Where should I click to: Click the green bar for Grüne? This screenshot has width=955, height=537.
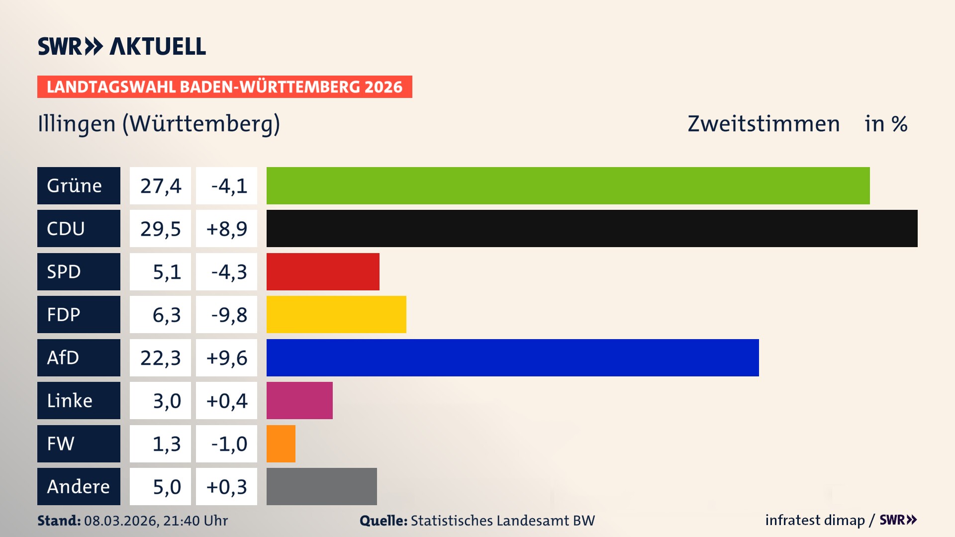[x=568, y=185]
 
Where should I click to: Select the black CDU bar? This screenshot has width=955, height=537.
[x=592, y=228]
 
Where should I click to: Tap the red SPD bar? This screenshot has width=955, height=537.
[x=323, y=271]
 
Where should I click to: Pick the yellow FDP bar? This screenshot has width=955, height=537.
[x=336, y=314]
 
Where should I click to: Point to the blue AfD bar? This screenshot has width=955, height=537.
[x=512, y=358]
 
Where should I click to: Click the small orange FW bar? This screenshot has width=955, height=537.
[x=281, y=444]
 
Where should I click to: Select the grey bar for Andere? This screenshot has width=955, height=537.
[x=321, y=486]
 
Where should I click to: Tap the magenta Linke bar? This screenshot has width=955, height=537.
[x=299, y=400]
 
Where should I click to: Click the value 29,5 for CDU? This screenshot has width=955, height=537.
[x=160, y=229]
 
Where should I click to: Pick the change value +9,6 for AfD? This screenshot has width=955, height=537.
[x=226, y=358]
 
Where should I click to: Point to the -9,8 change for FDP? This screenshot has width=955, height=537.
[x=228, y=315]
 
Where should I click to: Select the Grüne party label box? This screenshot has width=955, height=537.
[x=79, y=185]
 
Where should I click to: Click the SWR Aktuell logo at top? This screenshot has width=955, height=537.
[x=121, y=46]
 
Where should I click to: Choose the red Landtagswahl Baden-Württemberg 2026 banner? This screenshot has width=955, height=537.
[x=224, y=87]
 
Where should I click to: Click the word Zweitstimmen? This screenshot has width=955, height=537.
[x=763, y=124]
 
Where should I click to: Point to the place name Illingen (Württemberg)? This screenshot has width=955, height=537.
[x=159, y=124]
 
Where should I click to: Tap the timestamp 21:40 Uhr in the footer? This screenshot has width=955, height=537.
[x=195, y=521]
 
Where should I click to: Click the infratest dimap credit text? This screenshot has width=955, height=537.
[x=814, y=520]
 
